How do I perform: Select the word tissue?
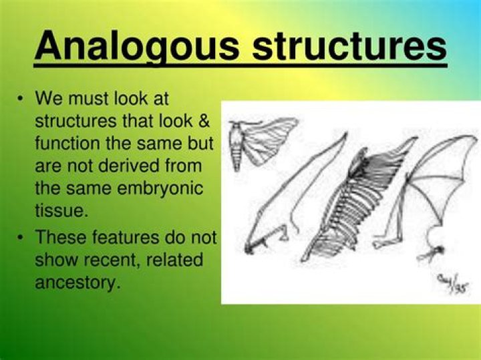click(59, 210)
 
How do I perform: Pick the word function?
click(65, 143)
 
